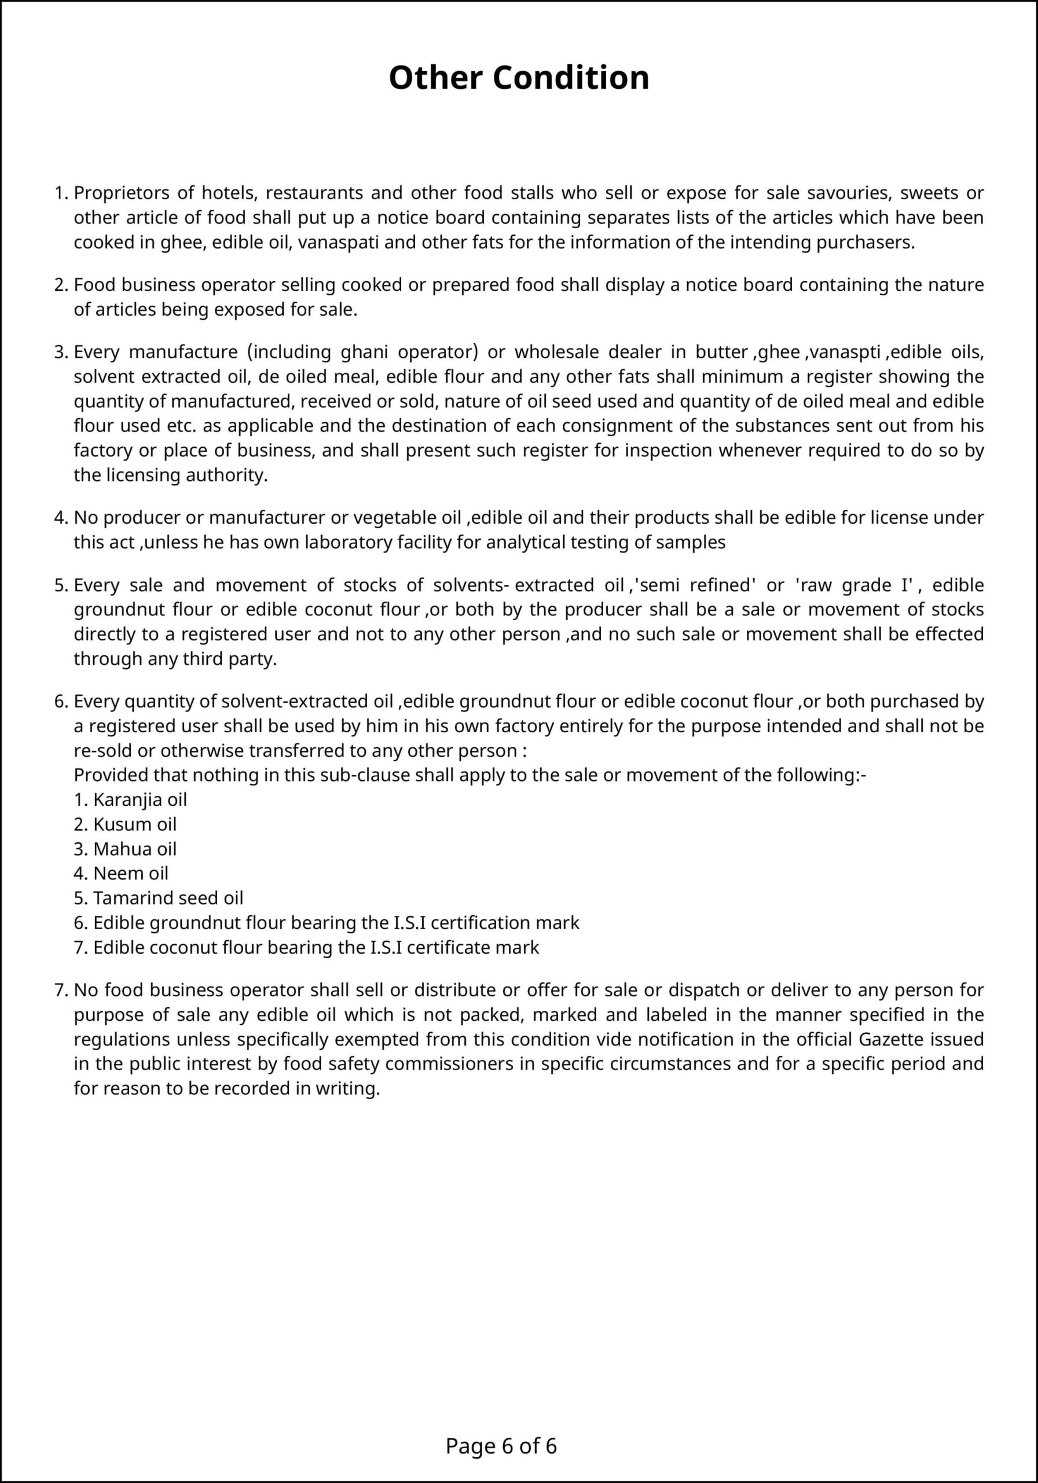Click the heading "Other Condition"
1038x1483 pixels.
click(518, 78)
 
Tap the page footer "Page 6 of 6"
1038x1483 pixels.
click(501, 1445)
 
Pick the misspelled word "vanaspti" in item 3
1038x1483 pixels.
click(844, 352)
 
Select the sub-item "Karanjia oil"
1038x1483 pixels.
click(140, 799)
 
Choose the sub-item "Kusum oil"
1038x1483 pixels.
click(134, 824)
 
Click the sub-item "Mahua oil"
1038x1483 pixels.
click(134, 849)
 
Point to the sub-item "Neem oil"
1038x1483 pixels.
click(130, 873)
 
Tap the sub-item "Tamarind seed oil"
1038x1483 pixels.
click(168, 898)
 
